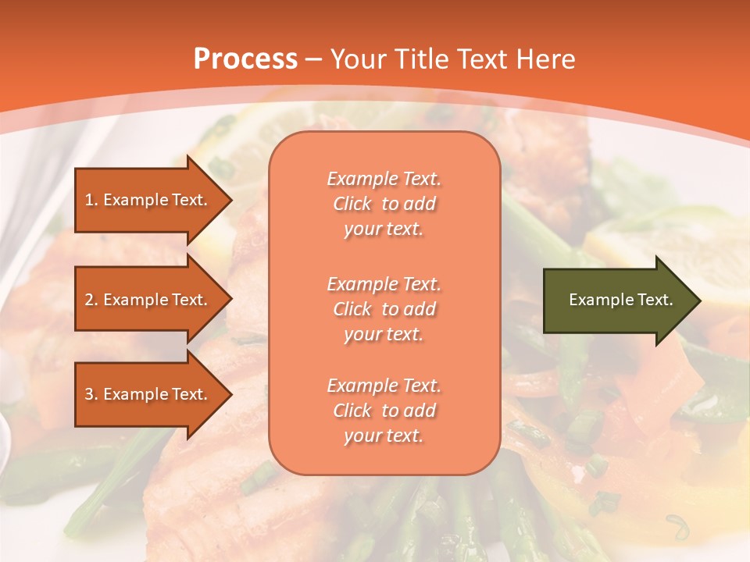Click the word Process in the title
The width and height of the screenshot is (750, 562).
pos(245,59)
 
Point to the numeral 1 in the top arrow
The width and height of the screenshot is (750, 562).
pos(88,200)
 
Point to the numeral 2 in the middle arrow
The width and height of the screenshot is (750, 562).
pos(89,300)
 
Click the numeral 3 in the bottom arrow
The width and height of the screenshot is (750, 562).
pos(89,394)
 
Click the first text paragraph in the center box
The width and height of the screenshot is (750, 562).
pos(384,204)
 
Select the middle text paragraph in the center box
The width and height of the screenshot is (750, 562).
pos(384,308)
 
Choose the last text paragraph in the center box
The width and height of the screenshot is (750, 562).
pos(384,411)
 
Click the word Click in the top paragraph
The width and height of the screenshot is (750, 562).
pos(352,204)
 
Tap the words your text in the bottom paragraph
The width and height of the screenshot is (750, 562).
pos(384,436)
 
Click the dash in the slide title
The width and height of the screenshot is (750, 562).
pos(314,59)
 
